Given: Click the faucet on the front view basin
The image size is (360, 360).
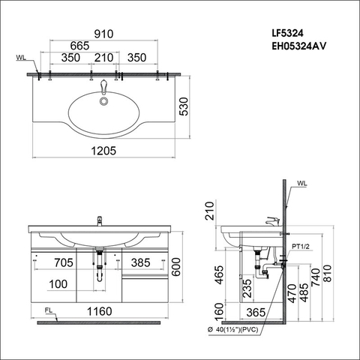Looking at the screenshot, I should (98, 220).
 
